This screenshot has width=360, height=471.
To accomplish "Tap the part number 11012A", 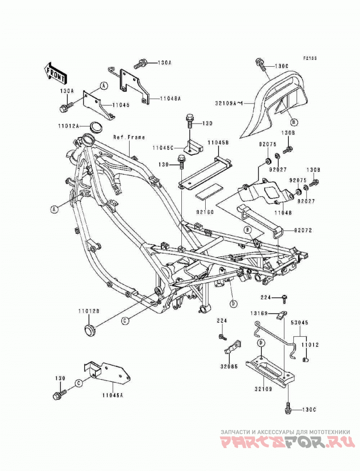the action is [x=68, y=126].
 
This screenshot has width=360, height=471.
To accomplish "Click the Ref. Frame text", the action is [x=129, y=137].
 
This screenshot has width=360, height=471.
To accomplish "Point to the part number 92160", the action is [x=205, y=213].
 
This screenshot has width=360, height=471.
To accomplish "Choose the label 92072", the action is [x=303, y=231].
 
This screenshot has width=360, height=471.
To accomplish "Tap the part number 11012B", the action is [x=89, y=312].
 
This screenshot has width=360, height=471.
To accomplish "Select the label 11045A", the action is [x=112, y=395].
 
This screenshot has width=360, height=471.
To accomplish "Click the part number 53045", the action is [x=299, y=322].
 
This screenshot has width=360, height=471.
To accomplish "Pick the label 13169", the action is [x=259, y=313].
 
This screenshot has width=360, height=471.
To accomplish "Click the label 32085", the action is [x=229, y=367].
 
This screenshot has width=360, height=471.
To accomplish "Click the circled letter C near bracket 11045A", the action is [x=78, y=383].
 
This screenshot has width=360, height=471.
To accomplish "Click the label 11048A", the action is [x=170, y=98].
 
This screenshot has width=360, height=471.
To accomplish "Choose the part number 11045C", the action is [x=162, y=148].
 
